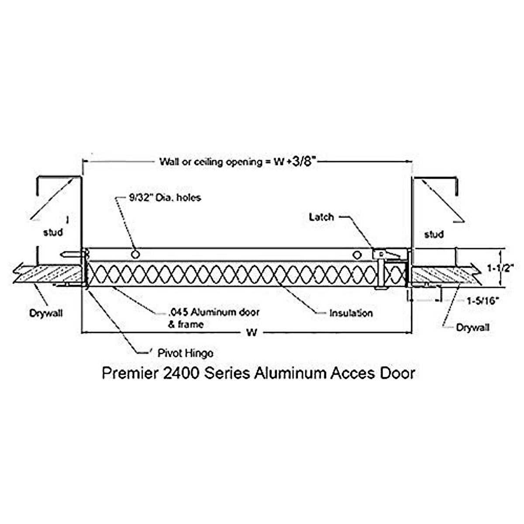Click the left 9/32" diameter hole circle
point(136,254)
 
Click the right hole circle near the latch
point(357,255)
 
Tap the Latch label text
point(321,217)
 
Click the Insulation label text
point(351,313)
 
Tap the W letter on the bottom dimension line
point(251,333)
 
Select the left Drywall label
point(46,313)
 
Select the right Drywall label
point(472,327)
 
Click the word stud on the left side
point(53,232)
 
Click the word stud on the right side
point(434,234)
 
